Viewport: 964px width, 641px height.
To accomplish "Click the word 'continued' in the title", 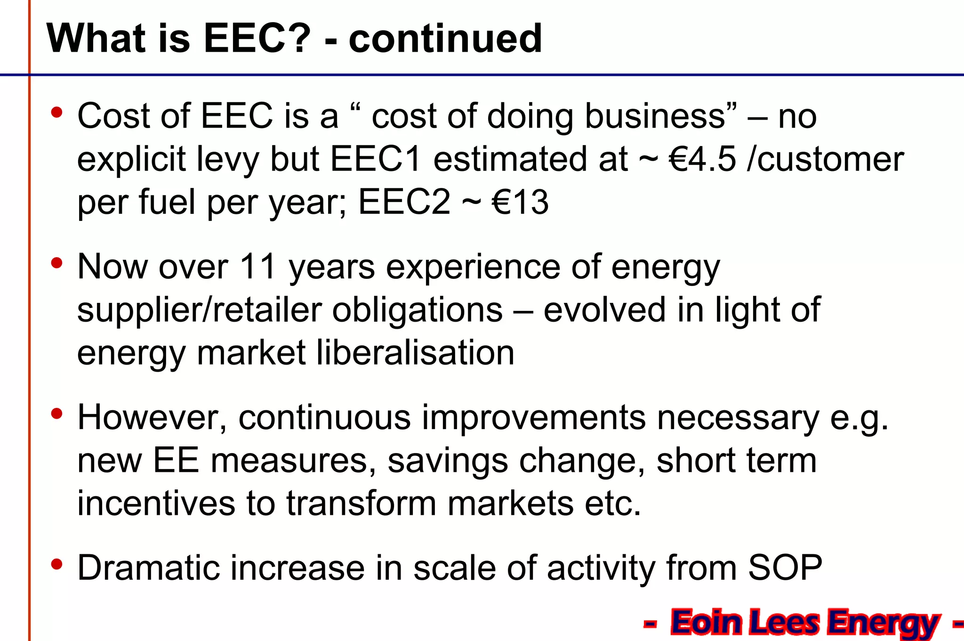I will click(x=445, y=39).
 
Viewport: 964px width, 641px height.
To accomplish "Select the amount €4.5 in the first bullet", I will click(x=702, y=159).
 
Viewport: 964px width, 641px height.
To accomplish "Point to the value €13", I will click(x=520, y=203).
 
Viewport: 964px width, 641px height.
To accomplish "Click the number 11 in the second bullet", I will click(x=257, y=267).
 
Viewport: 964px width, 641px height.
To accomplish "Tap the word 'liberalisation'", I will click(x=415, y=353).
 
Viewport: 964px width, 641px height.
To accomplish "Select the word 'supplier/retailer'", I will click(x=199, y=310).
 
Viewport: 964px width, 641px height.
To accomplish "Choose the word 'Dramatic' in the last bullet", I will click(x=148, y=568).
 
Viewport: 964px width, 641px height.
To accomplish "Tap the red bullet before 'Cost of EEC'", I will click(x=57, y=113).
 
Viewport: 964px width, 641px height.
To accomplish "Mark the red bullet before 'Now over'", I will click(x=57, y=263).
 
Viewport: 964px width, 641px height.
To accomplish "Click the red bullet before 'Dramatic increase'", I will click(x=57, y=564).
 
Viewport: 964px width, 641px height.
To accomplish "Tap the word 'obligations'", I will click(x=417, y=310).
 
